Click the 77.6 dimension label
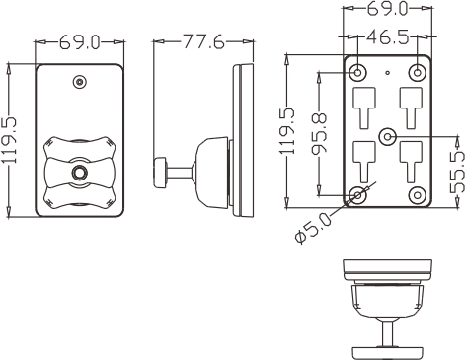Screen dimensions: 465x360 tap(203, 41)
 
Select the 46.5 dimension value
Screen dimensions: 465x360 tap(388, 36)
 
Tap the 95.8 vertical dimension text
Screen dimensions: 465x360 tap(319, 133)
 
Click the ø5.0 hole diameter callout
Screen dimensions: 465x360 tap(313, 227)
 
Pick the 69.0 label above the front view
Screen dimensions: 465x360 tap(79, 42)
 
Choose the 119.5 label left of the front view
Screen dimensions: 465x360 tap(9, 140)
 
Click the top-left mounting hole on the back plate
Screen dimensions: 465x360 tap(357, 72)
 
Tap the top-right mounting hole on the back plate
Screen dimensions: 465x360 tap(417, 72)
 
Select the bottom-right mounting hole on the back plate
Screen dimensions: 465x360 tap(417, 195)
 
